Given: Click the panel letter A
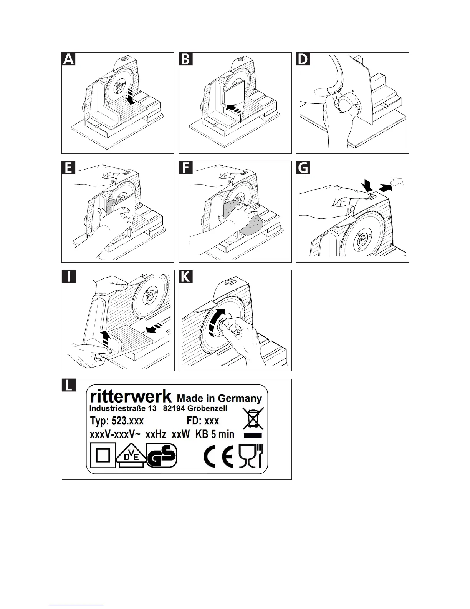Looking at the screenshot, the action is pyautogui.click(x=69, y=59).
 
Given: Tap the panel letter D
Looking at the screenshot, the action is pyautogui.click(x=303, y=59).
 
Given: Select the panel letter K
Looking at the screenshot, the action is pyautogui.click(x=186, y=277).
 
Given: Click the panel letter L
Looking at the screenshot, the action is pyautogui.click(x=69, y=385).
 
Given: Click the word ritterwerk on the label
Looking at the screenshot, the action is pyautogui.click(x=131, y=396).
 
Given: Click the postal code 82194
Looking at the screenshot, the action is pyautogui.click(x=174, y=408).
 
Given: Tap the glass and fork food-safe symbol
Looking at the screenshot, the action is pyautogui.click(x=251, y=456).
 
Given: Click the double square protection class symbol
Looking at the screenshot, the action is pyautogui.click(x=103, y=456).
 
